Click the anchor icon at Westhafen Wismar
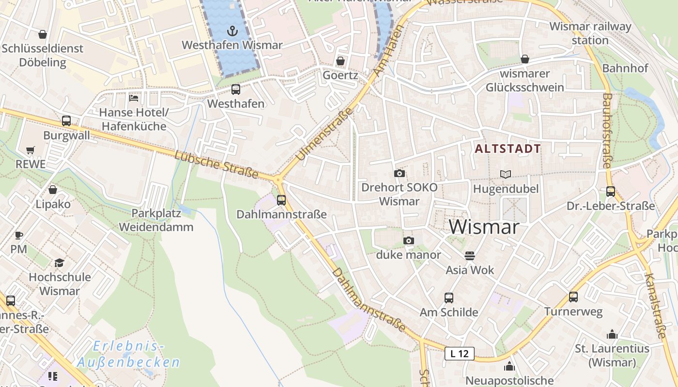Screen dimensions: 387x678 point(233,31)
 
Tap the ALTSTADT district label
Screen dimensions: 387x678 point(508,149)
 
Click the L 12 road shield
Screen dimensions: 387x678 point(459,354)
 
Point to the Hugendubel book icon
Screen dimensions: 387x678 point(506,174)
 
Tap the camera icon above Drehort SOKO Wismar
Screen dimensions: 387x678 point(400,173)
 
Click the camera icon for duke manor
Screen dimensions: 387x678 point(409,240)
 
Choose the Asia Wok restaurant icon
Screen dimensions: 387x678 point(470,255)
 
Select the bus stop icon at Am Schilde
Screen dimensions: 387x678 point(449,298)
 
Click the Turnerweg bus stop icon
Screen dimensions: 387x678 point(573,297)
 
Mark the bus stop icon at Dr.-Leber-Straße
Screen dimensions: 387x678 point(610,191)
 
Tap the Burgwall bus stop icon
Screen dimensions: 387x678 point(66,121)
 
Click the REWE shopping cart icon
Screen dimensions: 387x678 point(31,150)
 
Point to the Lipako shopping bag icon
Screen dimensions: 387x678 point(53,190)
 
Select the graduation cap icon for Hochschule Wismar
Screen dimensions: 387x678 point(59,263)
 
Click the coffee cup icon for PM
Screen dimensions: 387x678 point(18,235)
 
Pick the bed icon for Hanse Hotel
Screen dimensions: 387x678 point(134,98)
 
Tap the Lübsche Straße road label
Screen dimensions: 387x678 point(216,164)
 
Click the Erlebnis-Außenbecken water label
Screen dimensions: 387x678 point(128,354)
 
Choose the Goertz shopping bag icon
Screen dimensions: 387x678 point(340,61)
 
